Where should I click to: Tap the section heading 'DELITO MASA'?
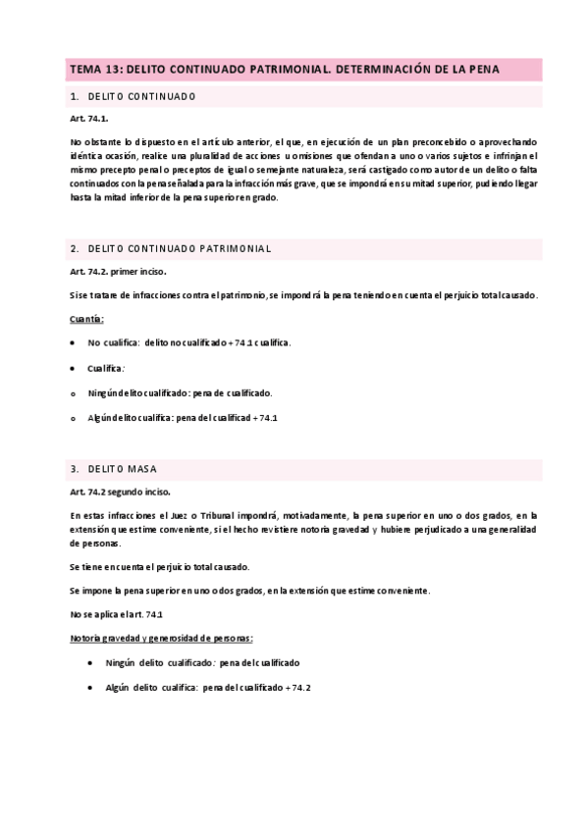(129, 469)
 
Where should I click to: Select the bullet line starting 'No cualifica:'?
(188, 343)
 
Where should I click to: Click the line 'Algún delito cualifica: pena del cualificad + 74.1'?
(183, 417)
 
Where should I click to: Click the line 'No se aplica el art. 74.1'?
(117, 614)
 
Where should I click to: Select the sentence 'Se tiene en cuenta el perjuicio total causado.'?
(159, 567)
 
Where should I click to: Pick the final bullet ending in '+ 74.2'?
(208, 687)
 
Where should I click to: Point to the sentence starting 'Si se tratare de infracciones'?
(304, 295)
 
